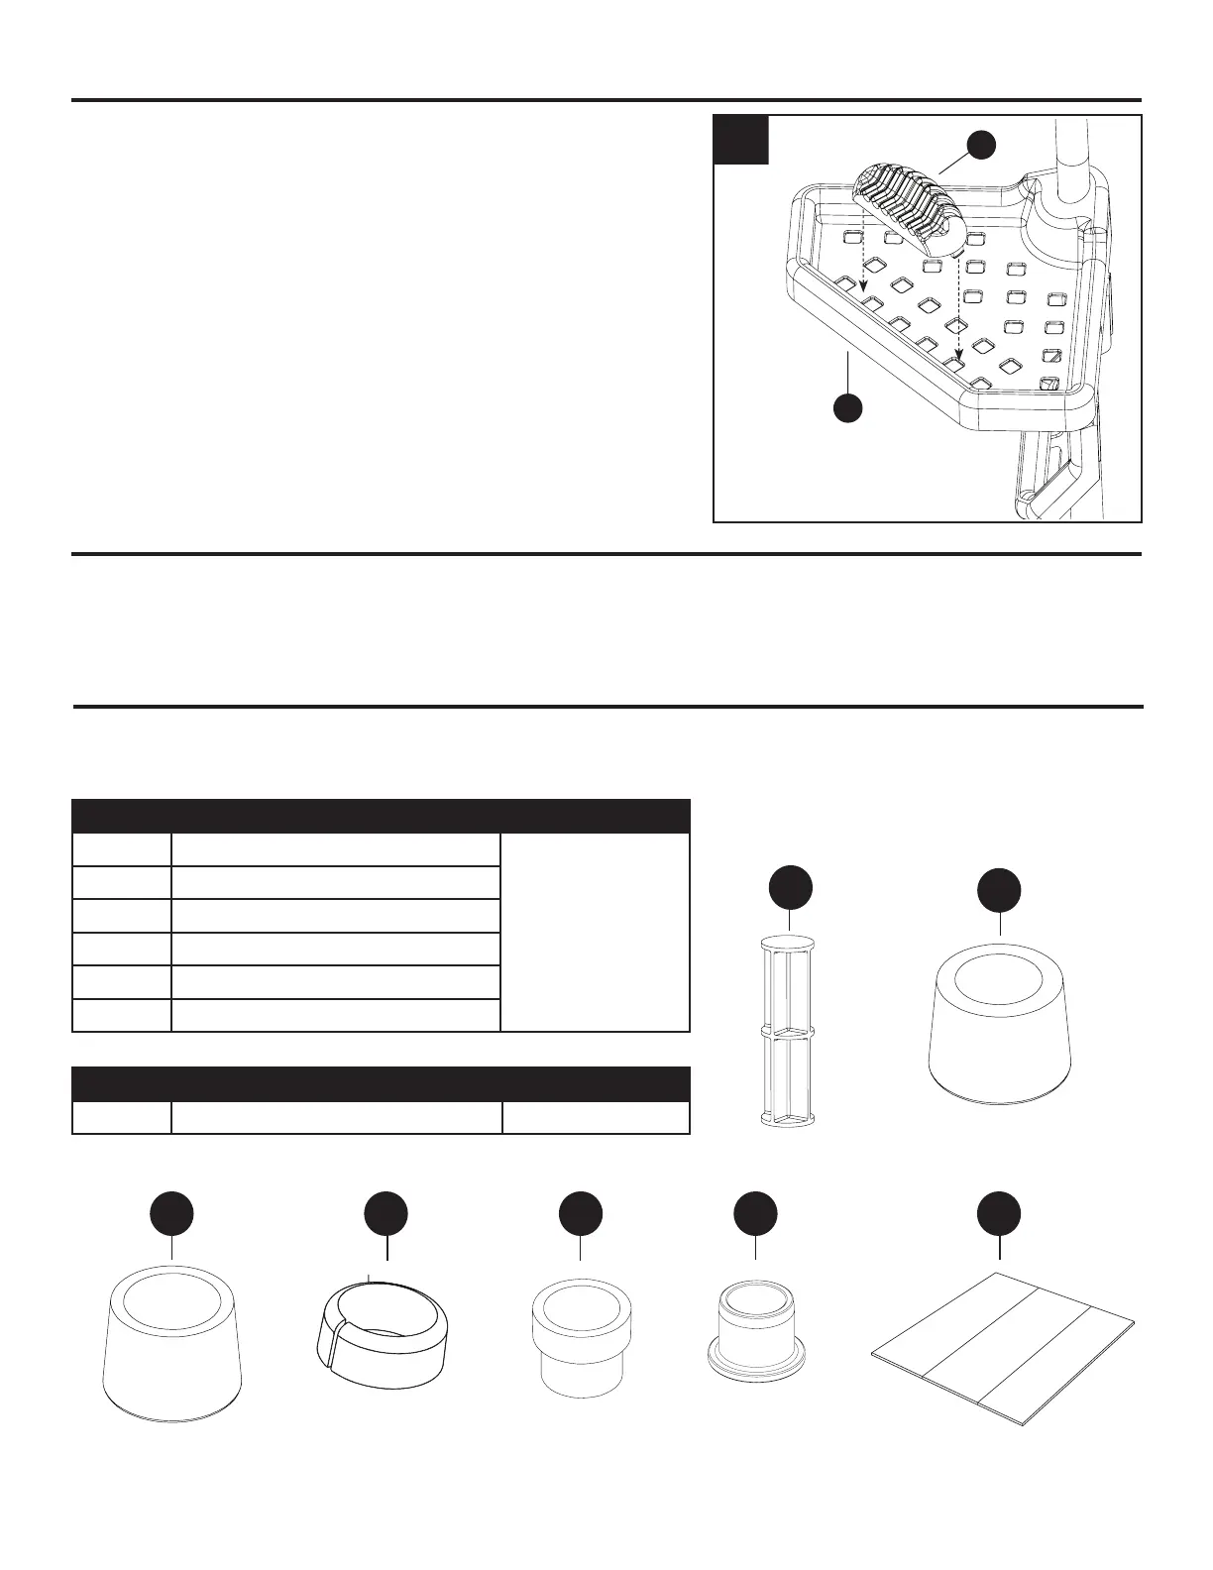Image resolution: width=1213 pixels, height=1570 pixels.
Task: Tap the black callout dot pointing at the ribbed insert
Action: tap(981, 144)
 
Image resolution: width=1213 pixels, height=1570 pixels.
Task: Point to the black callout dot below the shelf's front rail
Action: tap(846, 406)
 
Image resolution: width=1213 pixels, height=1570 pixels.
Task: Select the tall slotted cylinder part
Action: tap(788, 1031)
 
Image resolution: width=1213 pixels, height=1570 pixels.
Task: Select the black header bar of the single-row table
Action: tap(382, 1083)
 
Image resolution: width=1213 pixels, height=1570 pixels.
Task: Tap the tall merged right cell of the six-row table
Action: tap(596, 933)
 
